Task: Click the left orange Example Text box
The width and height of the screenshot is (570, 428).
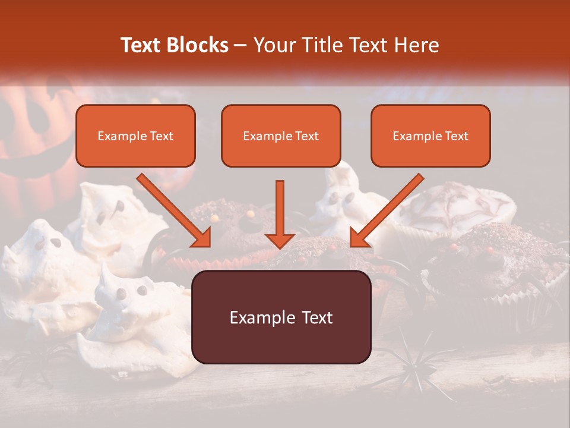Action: click(135, 136)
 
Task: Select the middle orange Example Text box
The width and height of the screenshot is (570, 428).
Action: click(281, 136)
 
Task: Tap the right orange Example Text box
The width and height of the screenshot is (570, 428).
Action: click(430, 136)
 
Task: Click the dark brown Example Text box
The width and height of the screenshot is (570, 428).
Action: click(281, 317)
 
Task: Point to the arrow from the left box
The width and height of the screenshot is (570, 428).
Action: click(175, 210)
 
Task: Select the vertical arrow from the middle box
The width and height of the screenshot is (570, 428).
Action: click(280, 214)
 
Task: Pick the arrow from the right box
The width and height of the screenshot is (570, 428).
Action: click(386, 210)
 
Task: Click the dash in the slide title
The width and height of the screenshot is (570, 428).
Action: click(240, 46)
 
